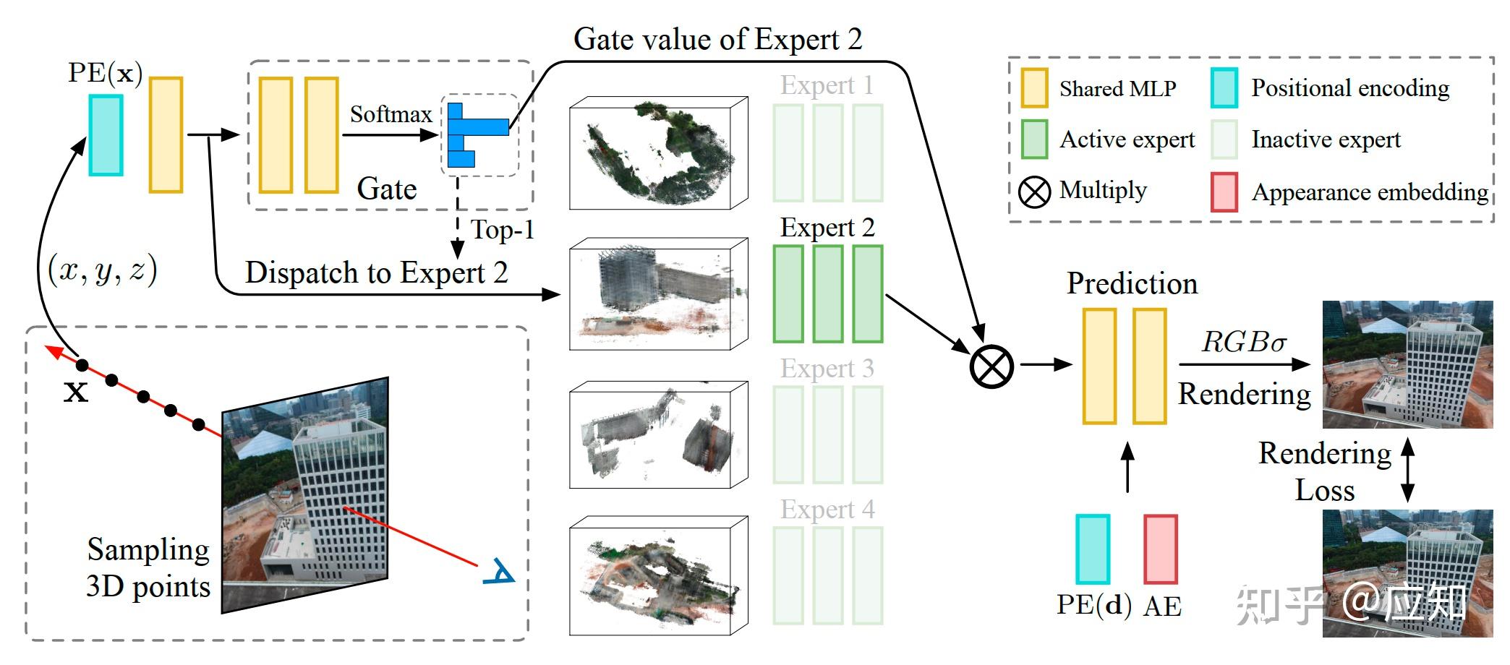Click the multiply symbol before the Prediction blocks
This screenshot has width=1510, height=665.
click(991, 366)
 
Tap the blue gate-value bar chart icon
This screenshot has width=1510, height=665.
click(478, 135)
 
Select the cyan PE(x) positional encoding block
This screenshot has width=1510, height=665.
click(106, 135)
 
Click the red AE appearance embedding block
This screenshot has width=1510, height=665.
click(1161, 549)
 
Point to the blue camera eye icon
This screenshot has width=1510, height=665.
click(499, 571)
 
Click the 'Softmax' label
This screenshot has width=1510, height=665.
click(391, 114)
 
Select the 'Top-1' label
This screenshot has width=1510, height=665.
click(503, 230)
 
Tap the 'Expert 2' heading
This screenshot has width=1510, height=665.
click(827, 228)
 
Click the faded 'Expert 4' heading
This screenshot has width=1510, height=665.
click(827, 510)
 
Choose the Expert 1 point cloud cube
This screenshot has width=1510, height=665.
click(659, 153)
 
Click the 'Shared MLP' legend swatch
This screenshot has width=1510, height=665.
click(1034, 88)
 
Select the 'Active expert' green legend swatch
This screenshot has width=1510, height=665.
click(1034, 139)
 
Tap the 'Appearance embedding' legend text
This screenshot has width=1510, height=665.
click(1370, 192)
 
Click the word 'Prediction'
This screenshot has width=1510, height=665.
click(1132, 283)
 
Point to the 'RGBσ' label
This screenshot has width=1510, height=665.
click(1244, 342)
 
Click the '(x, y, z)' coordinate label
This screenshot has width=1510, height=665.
click(102, 270)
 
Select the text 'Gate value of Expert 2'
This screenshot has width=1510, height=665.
click(718, 39)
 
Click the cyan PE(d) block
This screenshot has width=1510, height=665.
click(1093, 549)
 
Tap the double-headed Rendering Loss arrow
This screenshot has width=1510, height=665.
click(1407, 470)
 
